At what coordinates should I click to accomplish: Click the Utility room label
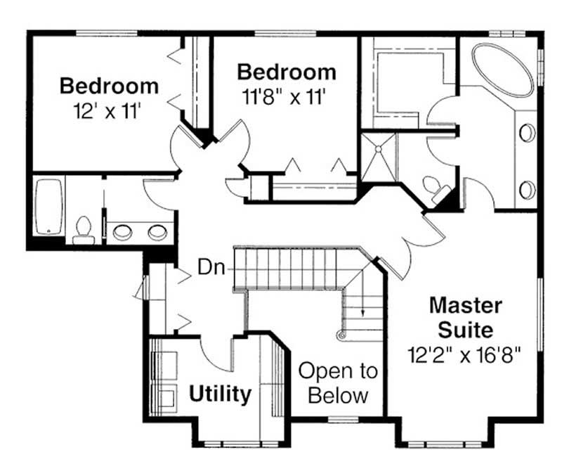[x=220, y=394]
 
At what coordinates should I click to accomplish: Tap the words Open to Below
[x=338, y=382]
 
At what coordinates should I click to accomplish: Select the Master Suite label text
[x=466, y=316]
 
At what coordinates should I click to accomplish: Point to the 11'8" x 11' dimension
[x=285, y=96]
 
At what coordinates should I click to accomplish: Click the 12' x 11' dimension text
[x=108, y=110]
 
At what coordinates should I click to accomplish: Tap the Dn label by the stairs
[x=211, y=267]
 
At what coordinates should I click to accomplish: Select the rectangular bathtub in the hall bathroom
[x=48, y=206]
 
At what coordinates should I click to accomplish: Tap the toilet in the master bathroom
[x=434, y=187]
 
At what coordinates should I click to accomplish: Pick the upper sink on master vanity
[x=527, y=132]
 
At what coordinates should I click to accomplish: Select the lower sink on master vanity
[x=527, y=189]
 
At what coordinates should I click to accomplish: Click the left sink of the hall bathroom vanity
[x=124, y=230]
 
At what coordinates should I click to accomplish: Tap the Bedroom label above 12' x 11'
[x=109, y=86]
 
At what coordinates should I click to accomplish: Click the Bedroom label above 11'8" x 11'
[x=286, y=72]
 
